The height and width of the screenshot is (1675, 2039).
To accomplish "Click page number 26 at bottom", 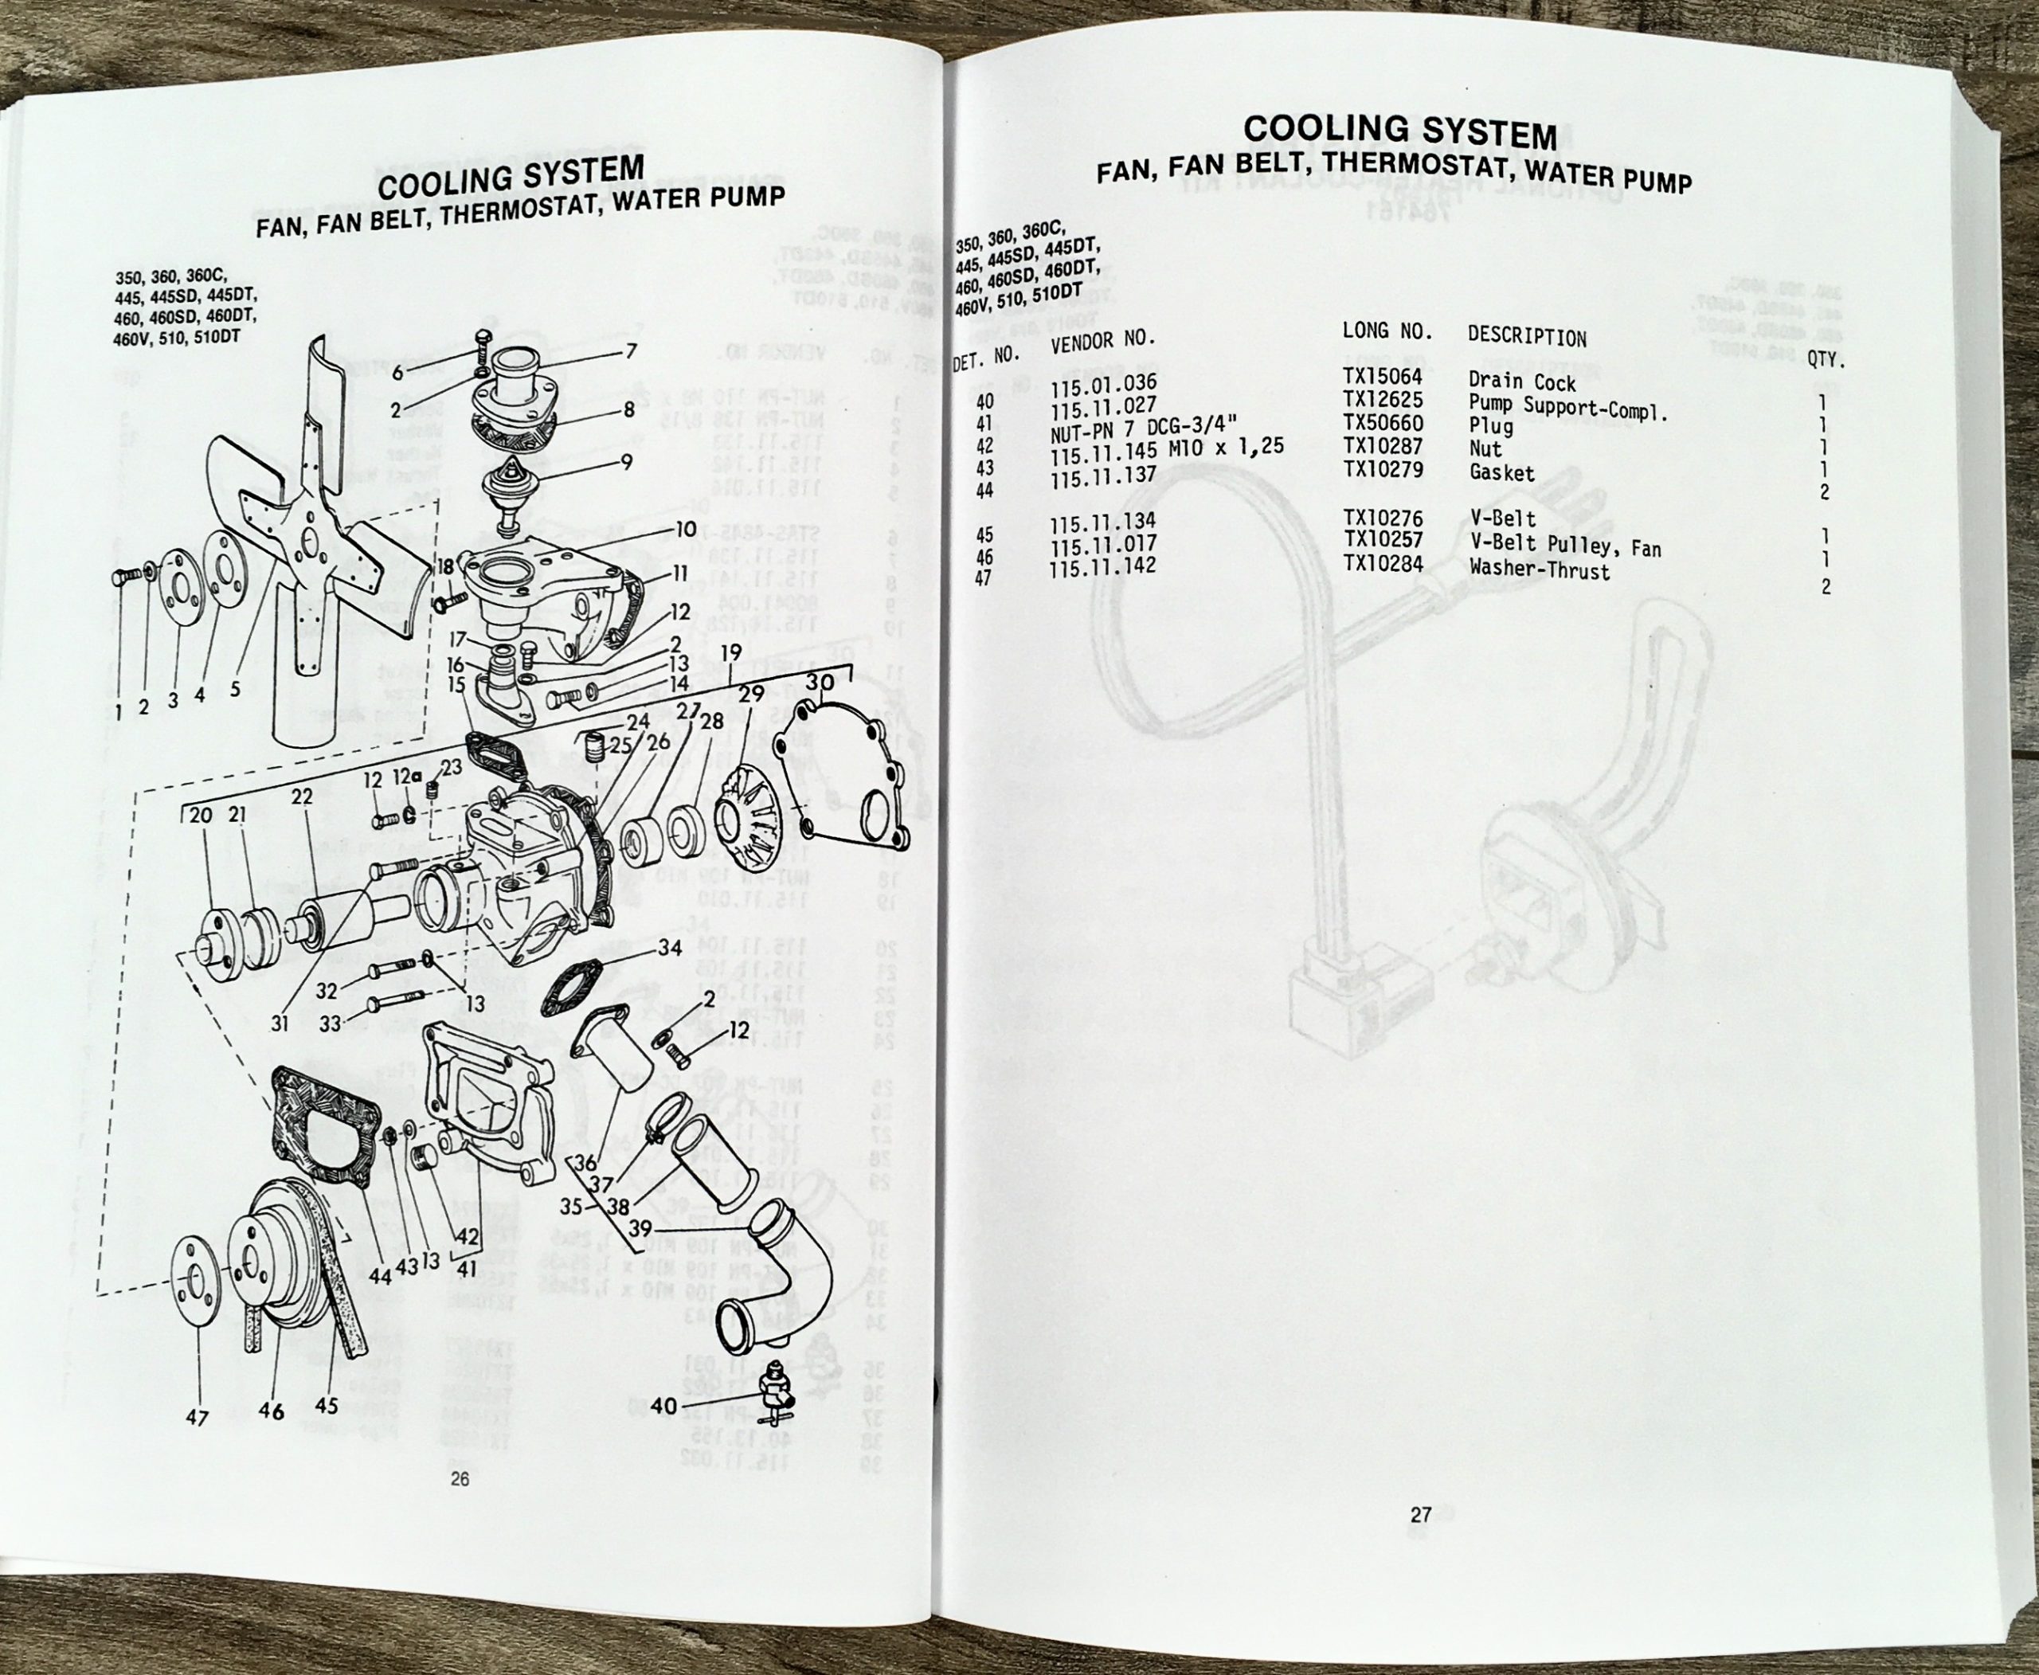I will (460, 1478).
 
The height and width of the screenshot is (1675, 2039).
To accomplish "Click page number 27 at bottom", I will (1420, 1515).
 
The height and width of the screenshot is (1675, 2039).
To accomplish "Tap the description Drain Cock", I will (1522, 382).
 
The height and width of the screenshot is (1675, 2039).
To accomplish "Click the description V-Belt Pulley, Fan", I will (1564, 547).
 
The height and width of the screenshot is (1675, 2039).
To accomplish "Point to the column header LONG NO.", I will (1387, 331).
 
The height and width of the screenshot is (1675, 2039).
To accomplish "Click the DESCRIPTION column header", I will (1527, 337).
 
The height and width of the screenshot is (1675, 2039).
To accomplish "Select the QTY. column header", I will (1825, 361).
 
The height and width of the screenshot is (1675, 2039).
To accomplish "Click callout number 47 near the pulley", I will (197, 1418).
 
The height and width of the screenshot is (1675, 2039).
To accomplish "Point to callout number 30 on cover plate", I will (820, 682).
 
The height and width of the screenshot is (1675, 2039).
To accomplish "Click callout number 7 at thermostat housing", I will (631, 351).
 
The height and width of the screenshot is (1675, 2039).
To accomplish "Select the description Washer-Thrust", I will (1539, 569).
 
